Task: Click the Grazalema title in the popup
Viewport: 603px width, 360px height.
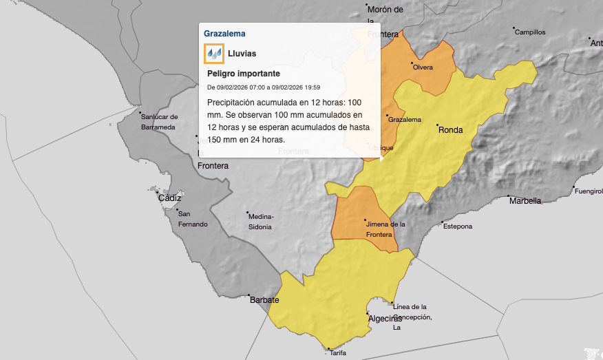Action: click(x=224, y=33)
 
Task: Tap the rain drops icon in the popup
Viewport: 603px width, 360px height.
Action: click(x=214, y=53)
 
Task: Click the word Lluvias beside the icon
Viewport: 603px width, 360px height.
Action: click(x=242, y=53)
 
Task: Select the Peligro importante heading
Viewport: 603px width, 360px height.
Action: click(x=244, y=74)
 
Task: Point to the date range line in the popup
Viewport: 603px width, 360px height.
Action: click(x=264, y=87)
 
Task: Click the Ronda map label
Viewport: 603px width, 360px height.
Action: click(x=451, y=129)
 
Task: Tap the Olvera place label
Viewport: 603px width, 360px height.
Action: click(x=423, y=67)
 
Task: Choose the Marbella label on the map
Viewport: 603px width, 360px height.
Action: click(x=525, y=201)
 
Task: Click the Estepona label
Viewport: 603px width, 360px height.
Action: click(x=457, y=226)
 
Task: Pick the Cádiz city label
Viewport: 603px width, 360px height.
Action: click(x=170, y=198)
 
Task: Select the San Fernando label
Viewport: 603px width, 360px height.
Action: click(x=191, y=219)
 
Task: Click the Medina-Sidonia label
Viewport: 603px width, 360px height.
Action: click(x=260, y=221)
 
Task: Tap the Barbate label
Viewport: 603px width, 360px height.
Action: click(x=264, y=300)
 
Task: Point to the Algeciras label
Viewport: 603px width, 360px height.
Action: click(x=385, y=318)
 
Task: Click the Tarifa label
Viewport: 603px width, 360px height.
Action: click(x=338, y=353)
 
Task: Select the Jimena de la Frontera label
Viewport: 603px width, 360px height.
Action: click(x=385, y=229)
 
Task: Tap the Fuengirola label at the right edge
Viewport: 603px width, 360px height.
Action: click(x=589, y=191)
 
